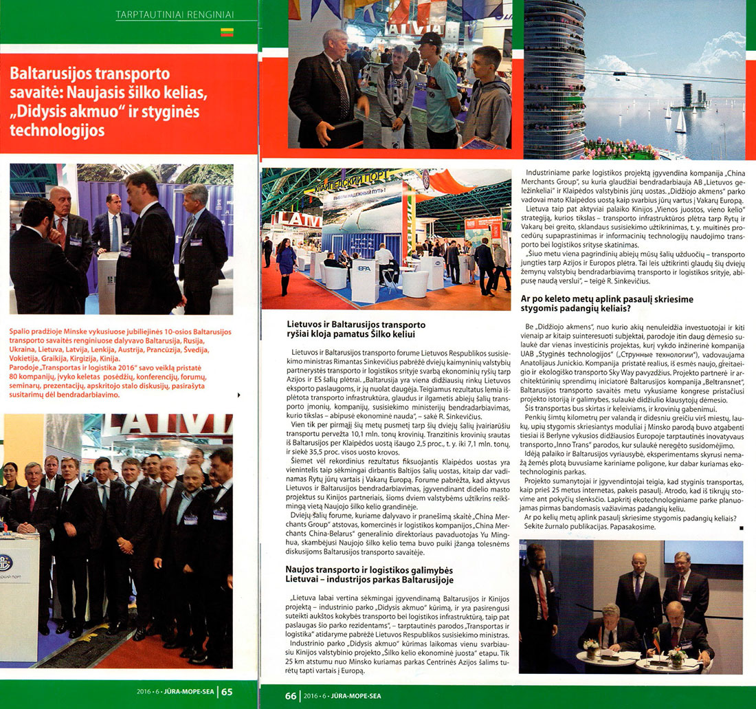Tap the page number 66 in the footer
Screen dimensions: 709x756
(291, 695)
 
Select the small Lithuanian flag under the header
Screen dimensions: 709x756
(227, 32)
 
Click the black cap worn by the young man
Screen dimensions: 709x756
(430, 39)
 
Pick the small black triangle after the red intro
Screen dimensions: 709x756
(238, 395)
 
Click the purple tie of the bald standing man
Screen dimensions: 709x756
(637, 587)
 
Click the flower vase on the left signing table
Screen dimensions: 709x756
(590, 645)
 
